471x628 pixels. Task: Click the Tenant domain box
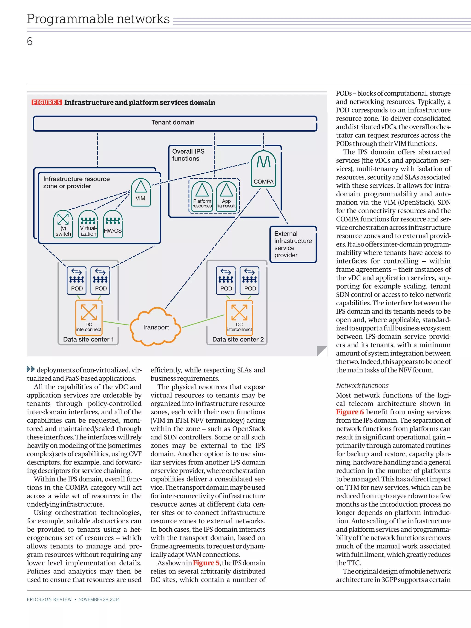coord(175,123)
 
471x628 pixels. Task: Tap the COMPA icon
coord(264,168)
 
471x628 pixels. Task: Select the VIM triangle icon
coord(141,192)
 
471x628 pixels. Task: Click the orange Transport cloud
coord(155,327)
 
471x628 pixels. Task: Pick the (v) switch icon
coord(63,224)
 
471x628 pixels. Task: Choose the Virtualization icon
coord(88,224)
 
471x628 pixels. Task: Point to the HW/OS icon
coord(113,224)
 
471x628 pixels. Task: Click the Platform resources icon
coord(202,196)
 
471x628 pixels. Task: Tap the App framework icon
coord(226,196)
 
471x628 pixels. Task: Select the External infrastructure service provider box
coord(293,244)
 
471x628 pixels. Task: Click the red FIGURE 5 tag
coord(46,103)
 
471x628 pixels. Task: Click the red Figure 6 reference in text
coord(350,412)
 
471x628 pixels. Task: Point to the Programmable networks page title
coord(98,19)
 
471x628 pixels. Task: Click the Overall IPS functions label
coord(188,155)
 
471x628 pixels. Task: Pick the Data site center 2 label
coord(238,339)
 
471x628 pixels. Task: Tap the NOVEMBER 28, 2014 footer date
coord(99,599)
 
